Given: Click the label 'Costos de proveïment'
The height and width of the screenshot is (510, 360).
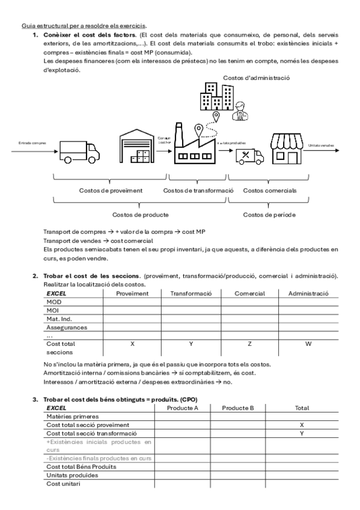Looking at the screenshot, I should point(111,191).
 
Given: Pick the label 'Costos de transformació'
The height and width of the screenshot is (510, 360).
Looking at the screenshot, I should point(198,191).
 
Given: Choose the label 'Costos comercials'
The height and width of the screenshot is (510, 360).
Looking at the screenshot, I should point(272,191).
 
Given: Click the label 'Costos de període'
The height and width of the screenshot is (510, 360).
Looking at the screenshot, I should point(272,214).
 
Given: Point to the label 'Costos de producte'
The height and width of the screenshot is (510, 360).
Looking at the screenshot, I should point(140,214).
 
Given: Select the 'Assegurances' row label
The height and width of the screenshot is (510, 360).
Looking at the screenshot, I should point(66,328).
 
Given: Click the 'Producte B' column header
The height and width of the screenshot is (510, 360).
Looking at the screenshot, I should point(238,407).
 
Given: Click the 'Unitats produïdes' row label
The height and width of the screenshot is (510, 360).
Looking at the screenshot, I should point(72,475).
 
